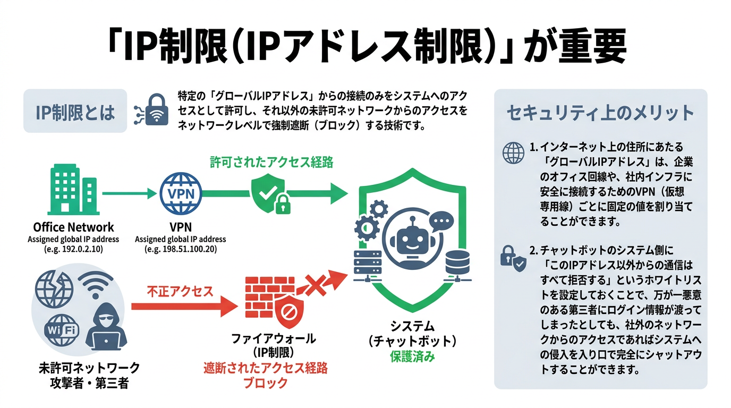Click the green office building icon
pos(73,189)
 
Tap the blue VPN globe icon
pos(181,193)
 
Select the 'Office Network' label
pos(73,227)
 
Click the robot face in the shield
pos(411,242)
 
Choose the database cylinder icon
pos(457,263)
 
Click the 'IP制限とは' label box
pos(75,111)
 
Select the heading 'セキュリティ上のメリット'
pos(600,113)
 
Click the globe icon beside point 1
pos(513,153)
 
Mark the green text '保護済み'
pos(412,356)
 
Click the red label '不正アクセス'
pos(180,292)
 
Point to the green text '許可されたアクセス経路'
pos(271,162)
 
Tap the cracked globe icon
pos(54,289)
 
